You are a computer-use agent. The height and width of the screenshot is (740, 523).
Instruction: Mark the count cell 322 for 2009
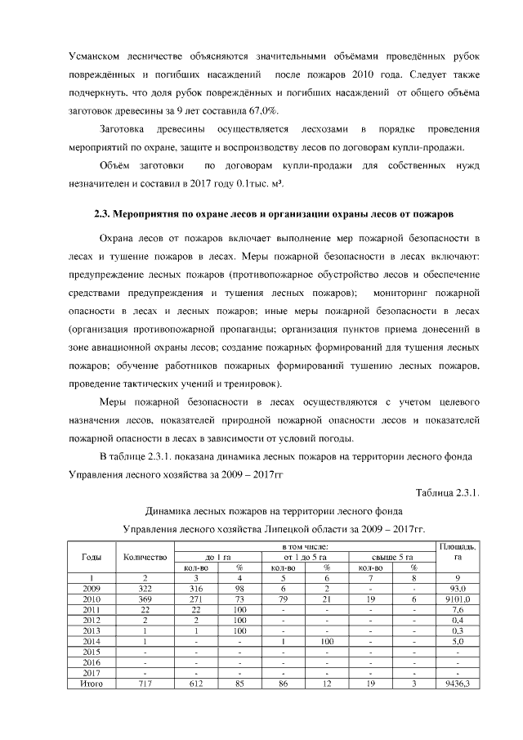tap(144, 589)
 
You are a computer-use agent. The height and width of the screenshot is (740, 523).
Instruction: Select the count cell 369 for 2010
tap(144, 599)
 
